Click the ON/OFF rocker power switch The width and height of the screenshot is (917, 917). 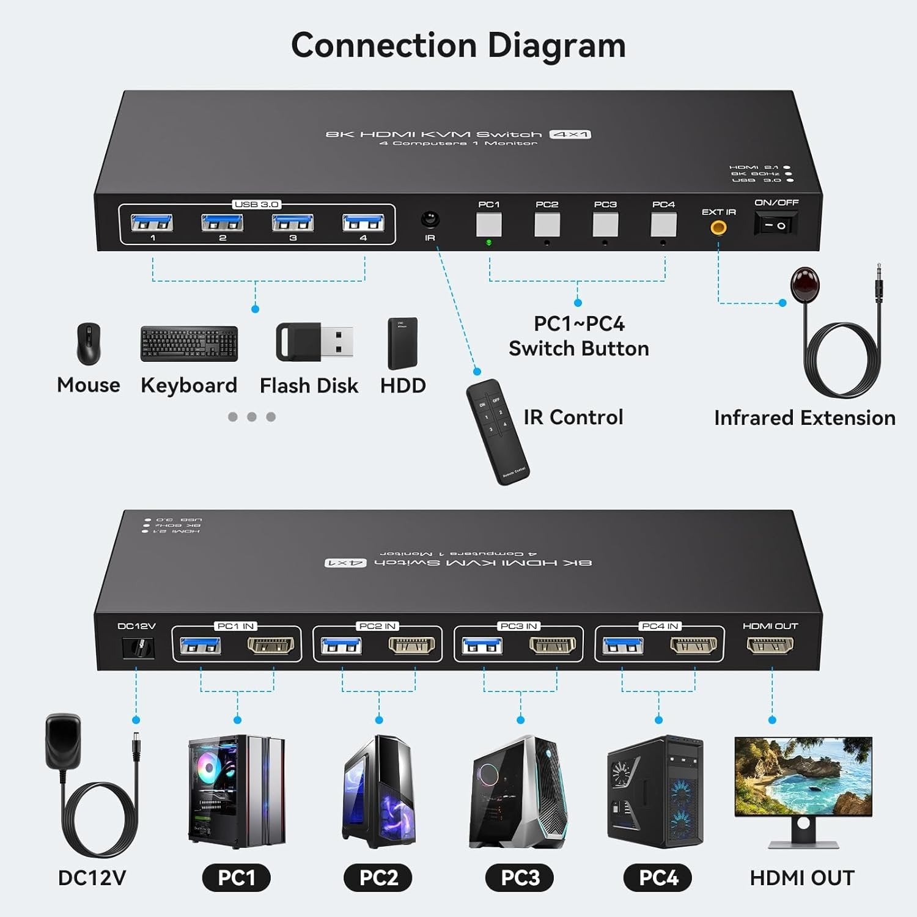click(x=776, y=225)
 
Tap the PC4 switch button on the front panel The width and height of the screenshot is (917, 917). click(x=663, y=225)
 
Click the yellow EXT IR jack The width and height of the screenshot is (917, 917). click(x=718, y=228)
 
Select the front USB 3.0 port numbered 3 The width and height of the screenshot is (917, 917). click(x=293, y=223)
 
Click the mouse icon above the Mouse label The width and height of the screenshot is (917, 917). click(x=89, y=344)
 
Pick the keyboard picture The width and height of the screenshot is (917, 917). click(x=189, y=344)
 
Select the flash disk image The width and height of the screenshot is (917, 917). click(x=314, y=341)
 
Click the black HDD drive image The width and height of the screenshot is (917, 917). click(x=402, y=343)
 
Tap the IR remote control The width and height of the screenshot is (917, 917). click(x=498, y=432)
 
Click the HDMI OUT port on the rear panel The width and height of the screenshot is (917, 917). click(x=770, y=644)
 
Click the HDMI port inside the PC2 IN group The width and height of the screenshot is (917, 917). click(x=411, y=645)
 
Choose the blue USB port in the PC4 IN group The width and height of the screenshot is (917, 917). click(x=623, y=645)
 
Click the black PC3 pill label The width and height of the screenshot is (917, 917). click(x=520, y=878)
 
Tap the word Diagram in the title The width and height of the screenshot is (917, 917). click(x=556, y=46)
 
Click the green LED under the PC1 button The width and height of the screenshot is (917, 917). click(x=488, y=243)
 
